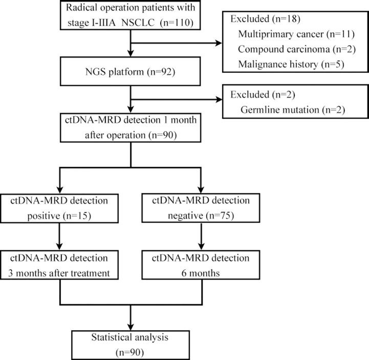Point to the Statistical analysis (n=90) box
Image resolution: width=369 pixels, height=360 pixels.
(132, 344)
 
